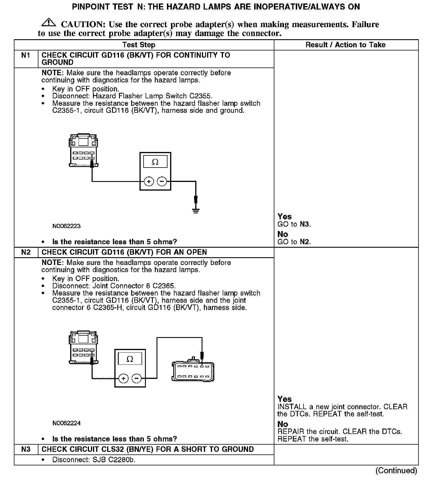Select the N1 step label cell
coord(26,55)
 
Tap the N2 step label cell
coord(26,252)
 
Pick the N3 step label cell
coord(26,449)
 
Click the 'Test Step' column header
coord(139,45)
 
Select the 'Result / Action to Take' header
coord(345,45)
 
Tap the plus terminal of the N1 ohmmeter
coord(149,181)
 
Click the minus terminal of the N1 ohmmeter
coord(162,181)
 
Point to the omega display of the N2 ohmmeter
coord(130,359)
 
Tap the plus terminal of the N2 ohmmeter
coord(123,378)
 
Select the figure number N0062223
coord(66,226)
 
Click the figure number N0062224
coord(66,423)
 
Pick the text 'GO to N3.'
coord(294,224)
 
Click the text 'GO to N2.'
coord(294,242)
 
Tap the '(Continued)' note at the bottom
coord(396,471)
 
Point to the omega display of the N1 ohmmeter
coord(155,162)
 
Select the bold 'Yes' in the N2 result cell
coord(284,399)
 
